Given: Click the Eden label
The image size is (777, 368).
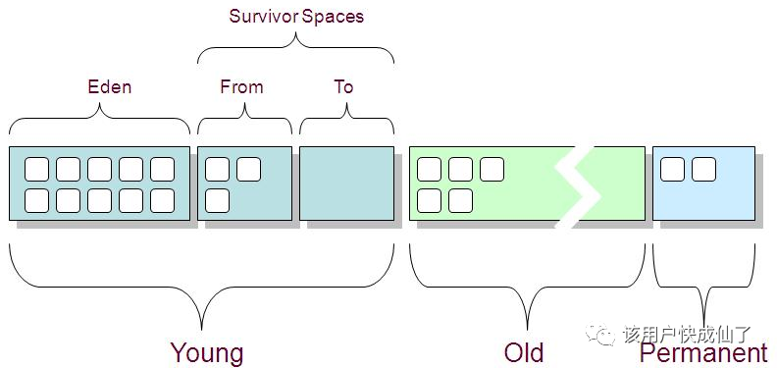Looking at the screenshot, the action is (110, 87).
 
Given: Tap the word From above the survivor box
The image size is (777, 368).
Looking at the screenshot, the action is (241, 87).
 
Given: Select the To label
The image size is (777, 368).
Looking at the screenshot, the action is (343, 87).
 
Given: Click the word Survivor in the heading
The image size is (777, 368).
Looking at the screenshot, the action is (264, 16).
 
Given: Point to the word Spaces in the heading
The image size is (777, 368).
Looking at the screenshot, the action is (333, 17).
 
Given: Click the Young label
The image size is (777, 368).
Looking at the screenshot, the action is (207, 352).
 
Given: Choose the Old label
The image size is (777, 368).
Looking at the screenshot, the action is (524, 352).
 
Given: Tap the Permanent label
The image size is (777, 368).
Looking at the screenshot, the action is (703, 352).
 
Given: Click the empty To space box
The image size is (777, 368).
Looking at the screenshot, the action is (347, 183).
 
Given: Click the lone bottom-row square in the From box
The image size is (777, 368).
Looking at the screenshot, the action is (217, 201).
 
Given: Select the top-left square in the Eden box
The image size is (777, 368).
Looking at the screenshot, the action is (36, 169).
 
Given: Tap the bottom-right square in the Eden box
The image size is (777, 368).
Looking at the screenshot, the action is (163, 201).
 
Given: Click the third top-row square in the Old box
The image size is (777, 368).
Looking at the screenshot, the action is (492, 169).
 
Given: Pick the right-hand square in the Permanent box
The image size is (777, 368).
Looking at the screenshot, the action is (703, 169).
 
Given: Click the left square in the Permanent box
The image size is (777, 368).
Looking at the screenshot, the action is (672, 169).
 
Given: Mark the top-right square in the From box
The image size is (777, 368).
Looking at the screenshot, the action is (248, 169).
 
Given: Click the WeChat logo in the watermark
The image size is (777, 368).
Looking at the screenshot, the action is (599, 335).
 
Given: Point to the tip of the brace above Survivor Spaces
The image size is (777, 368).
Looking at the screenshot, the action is (296, 32).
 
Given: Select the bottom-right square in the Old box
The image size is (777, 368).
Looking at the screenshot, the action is (460, 201).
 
